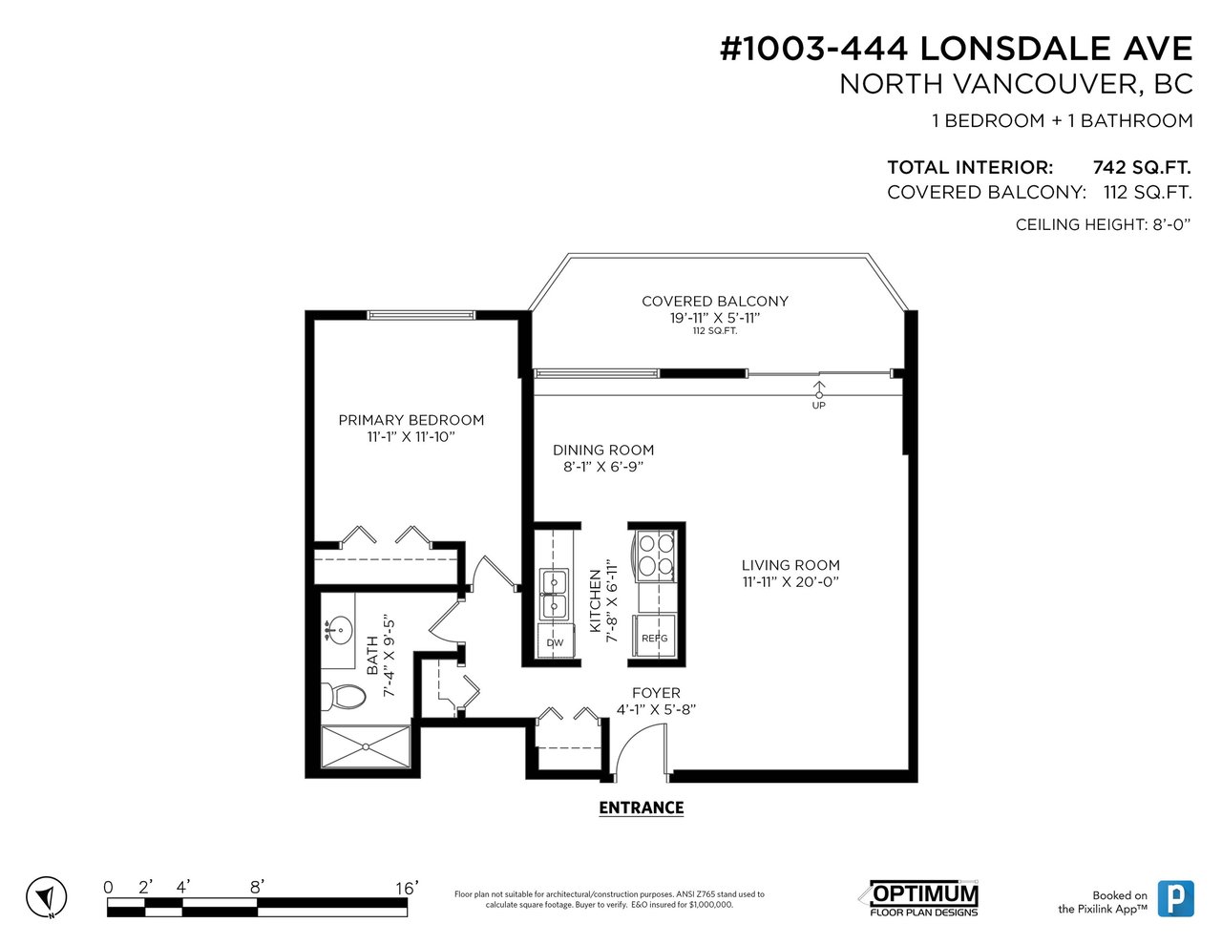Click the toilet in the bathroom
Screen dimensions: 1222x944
343,697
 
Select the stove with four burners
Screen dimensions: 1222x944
655,555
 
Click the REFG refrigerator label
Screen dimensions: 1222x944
655,639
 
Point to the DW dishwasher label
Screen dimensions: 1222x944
555,642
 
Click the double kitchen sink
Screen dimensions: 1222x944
554,595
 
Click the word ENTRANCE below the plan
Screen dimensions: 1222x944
642,808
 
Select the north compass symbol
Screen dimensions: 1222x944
46,897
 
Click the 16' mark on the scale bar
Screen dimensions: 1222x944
407,889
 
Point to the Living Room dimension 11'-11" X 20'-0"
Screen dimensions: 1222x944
790,582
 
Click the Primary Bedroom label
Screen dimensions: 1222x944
411,420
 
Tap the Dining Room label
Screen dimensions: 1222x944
603,450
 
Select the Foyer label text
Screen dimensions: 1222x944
656,693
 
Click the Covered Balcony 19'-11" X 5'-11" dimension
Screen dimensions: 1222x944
715,318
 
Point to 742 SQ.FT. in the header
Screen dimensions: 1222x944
1142,168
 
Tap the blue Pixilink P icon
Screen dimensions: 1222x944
1175,898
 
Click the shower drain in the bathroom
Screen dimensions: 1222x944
366,746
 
